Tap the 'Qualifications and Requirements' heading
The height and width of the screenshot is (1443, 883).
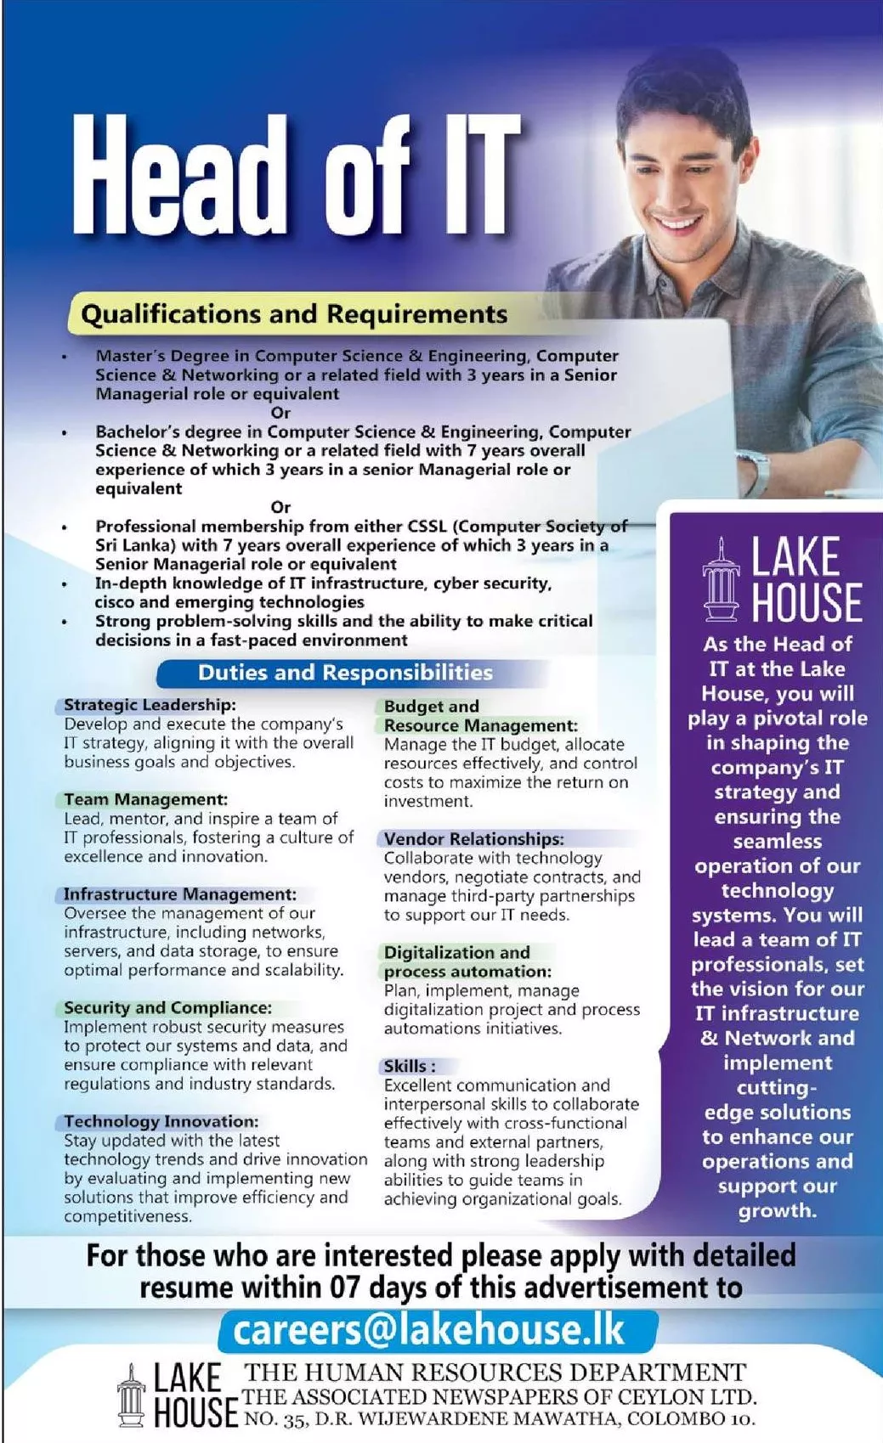pyautogui.click(x=294, y=314)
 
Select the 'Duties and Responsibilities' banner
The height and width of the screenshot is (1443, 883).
pyautogui.click(x=345, y=673)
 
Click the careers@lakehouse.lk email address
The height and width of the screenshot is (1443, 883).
pyautogui.click(x=429, y=1330)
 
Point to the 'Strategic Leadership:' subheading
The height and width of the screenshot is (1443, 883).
pyautogui.click(x=150, y=705)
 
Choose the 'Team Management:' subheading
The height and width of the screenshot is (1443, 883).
pyautogui.click(x=146, y=799)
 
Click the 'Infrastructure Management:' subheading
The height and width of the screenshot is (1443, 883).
pyautogui.click(x=180, y=894)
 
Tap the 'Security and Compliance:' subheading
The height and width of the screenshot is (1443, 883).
pyautogui.click(x=168, y=1008)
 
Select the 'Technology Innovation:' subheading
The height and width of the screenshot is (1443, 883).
pyautogui.click(x=161, y=1122)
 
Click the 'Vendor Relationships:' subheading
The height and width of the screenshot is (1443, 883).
pyautogui.click(x=473, y=839)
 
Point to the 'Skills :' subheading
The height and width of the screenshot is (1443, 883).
pyautogui.click(x=410, y=1067)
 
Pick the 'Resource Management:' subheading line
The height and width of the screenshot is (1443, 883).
pyautogui.click(x=480, y=726)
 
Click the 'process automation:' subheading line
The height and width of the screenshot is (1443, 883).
pyautogui.click(x=467, y=972)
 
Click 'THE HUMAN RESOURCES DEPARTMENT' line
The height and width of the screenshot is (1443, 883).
pyautogui.click(x=495, y=1373)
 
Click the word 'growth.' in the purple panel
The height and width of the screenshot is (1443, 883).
pyautogui.click(x=778, y=1210)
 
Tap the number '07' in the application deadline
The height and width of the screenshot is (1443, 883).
pyautogui.click(x=345, y=1288)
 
